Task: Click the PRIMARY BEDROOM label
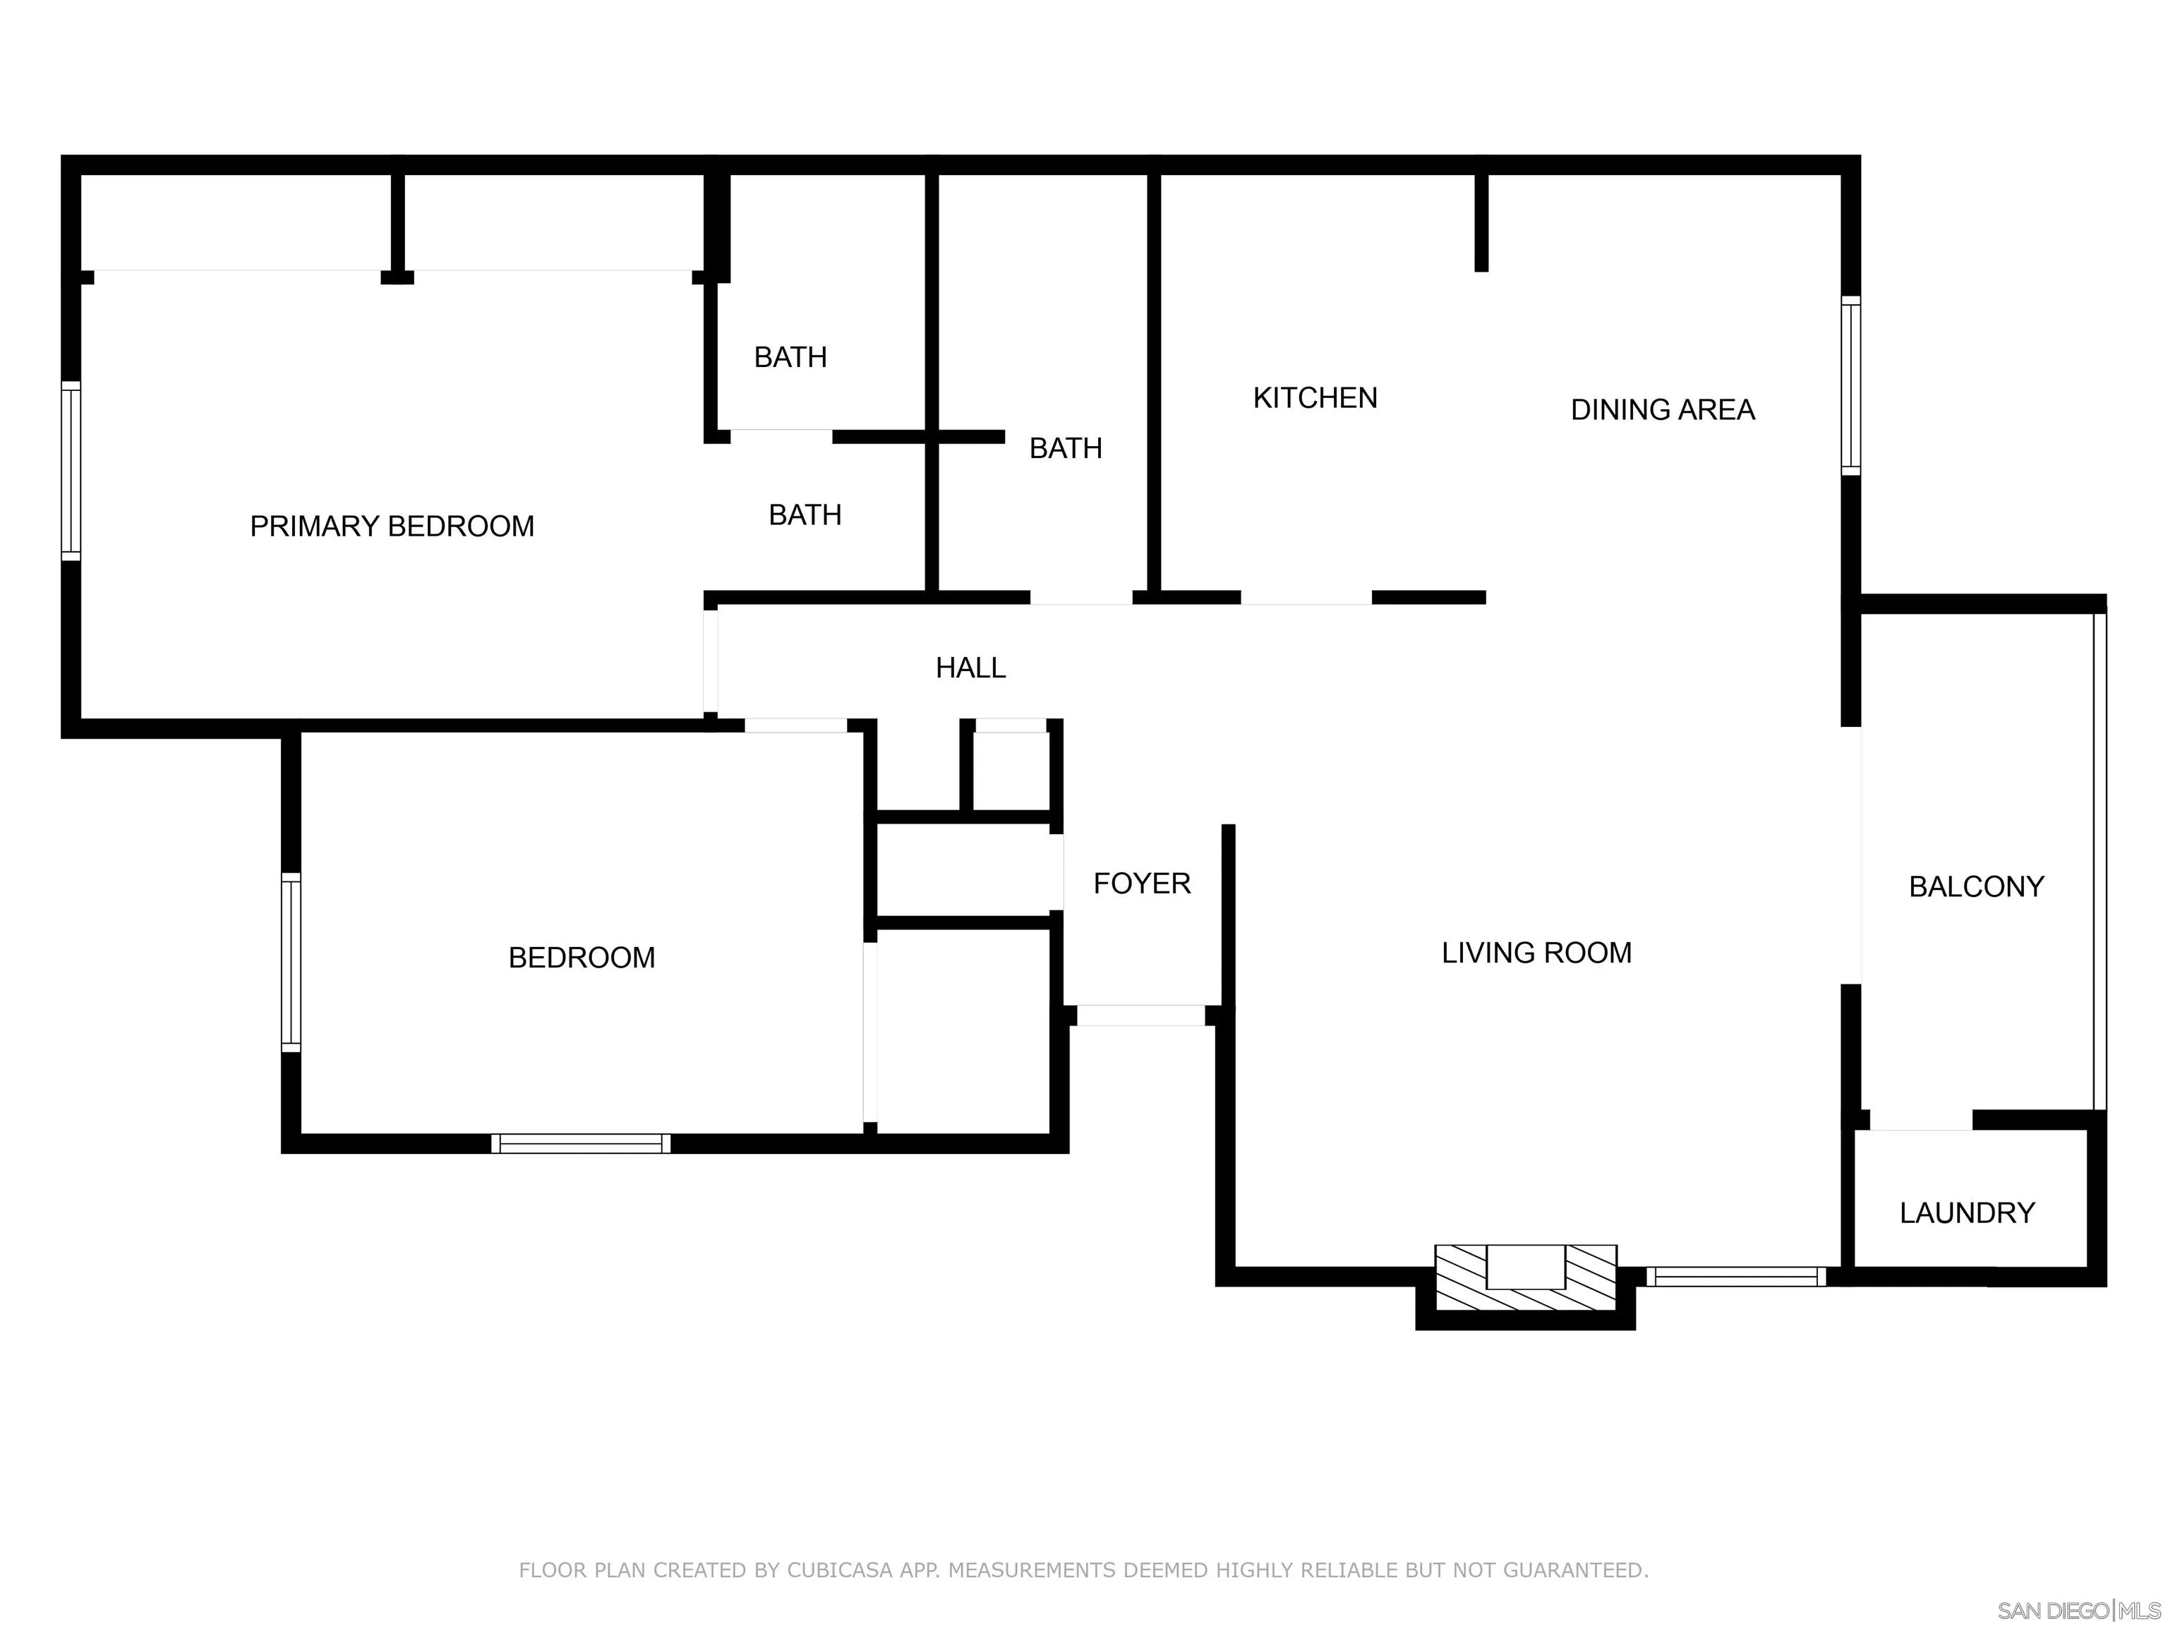point(392,526)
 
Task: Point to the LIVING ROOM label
point(1536,953)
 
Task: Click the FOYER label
point(1141,883)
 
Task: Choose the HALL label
point(970,668)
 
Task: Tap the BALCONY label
point(1976,887)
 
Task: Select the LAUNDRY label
point(1966,1213)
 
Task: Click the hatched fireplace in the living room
point(1525,1278)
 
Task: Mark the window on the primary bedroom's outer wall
point(71,471)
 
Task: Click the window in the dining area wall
point(1850,386)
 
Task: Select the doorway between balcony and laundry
point(1920,1120)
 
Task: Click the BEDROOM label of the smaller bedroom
point(582,958)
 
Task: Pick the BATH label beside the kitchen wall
point(1066,448)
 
